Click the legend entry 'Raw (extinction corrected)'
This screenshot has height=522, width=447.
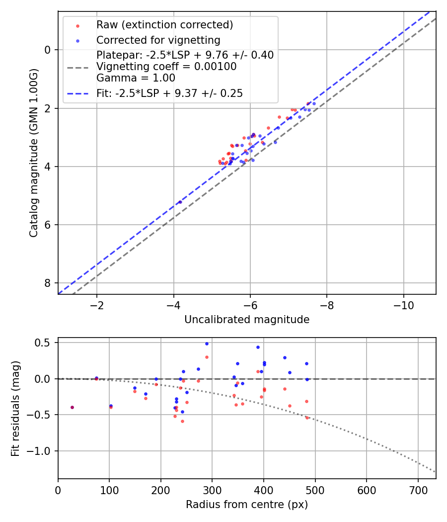pyautogui.click(x=164, y=25)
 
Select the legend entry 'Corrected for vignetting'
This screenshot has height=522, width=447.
pyautogui.click(x=158, y=40)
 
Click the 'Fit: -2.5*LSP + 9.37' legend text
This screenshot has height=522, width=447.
pyautogui.click(x=169, y=93)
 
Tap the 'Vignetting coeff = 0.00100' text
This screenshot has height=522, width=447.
pyautogui.click(x=166, y=66)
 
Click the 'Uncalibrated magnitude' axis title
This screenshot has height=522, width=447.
pyautogui.click(x=247, y=320)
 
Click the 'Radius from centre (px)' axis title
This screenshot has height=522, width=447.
pyautogui.click(x=247, y=505)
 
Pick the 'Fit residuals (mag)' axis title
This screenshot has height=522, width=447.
pyautogui.click(x=15, y=408)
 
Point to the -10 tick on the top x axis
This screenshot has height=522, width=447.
pyautogui.click(x=403, y=304)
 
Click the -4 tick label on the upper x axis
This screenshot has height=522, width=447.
pyautogui.click(x=173, y=304)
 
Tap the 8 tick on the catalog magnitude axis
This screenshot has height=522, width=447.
pyautogui.click(x=48, y=283)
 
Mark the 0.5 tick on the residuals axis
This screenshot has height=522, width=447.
pyautogui.click(x=45, y=343)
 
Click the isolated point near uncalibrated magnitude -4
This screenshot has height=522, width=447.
pyautogui.click(x=180, y=202)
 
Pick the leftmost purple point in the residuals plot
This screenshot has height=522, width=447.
pyautogui.click(x=72, y=407)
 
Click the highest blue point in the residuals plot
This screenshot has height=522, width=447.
pyautogui.click(x=207, y=344)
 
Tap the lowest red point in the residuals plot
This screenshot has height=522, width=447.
pyautogui.click(x=182, y=421)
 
